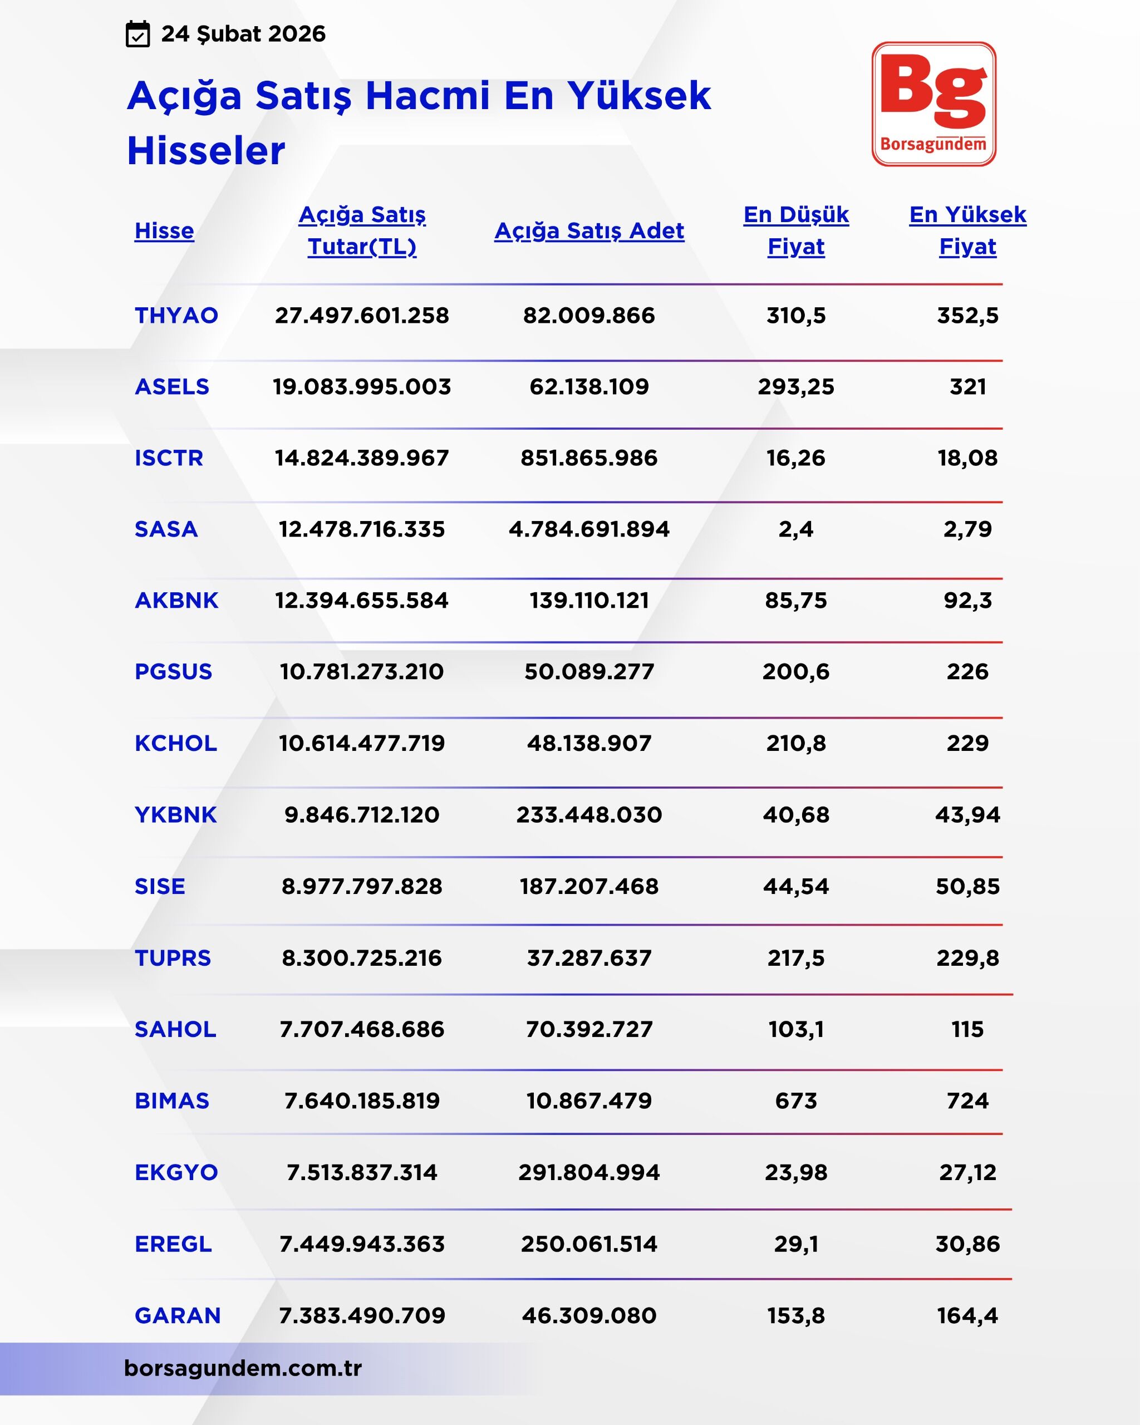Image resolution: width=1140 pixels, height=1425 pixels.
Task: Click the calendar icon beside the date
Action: (137, 35)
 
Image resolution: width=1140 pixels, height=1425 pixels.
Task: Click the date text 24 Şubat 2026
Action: (243, 34)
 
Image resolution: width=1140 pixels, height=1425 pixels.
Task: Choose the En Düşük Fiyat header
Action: (795, 230)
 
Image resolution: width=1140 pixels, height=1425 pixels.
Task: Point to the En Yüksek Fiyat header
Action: (967, 230)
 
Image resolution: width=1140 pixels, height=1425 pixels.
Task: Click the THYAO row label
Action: (176, 315)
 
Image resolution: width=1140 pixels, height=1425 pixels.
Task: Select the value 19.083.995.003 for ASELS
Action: (361, 387)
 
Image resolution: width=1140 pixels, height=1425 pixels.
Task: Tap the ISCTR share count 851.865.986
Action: (589, 458)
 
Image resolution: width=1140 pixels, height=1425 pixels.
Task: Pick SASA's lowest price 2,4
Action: (795, 529)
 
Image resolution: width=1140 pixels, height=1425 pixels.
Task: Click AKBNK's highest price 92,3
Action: (967, 600)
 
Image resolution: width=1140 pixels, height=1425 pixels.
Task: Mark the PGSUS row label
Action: (173, 671)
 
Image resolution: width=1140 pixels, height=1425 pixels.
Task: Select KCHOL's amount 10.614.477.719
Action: (361, 743)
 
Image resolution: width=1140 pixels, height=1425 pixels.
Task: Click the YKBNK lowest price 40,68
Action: (795, 814)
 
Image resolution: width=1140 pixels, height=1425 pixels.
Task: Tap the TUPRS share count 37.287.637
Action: (589, 958)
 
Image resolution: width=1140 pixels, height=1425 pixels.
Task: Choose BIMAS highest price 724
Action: (967, 1100)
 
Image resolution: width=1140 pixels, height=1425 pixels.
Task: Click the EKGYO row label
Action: (176, 1172)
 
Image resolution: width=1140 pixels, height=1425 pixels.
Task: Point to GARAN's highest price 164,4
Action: (967, 1315)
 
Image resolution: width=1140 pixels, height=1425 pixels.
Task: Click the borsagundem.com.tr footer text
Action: (243, 1368)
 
